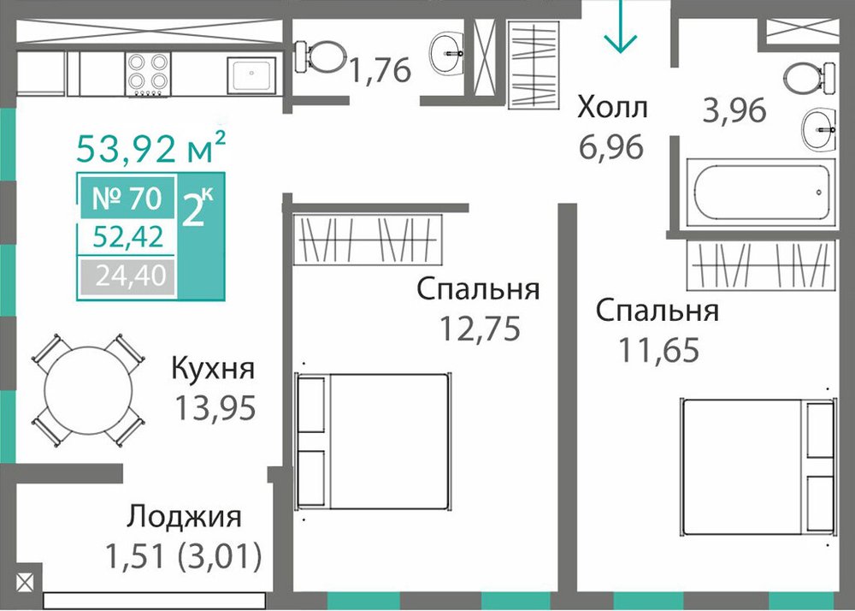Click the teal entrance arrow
[x=621, y=27]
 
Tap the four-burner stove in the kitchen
[x=148, y=74]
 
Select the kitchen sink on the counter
[x=251, y=74]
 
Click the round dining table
[x=88, y=390]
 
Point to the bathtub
[x=761, y=193]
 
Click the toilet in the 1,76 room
[x=321, y=56]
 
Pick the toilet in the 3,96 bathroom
[x=809, y=78]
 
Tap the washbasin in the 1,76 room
[x=446, y=53]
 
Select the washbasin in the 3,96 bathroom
[x=818, y=129]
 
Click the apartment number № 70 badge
[x=128, y=198]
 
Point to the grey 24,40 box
[x=128, y=276]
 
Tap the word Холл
[x=612, y=108]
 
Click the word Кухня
[x=213, y=368]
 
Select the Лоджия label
[x=184, y=517]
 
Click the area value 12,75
[x=480, y=329]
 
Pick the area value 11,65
[x=658, y=350]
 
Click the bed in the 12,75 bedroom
[x=373, y=442]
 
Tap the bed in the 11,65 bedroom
[x=758, y=466]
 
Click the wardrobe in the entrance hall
[x=534, y=64]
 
